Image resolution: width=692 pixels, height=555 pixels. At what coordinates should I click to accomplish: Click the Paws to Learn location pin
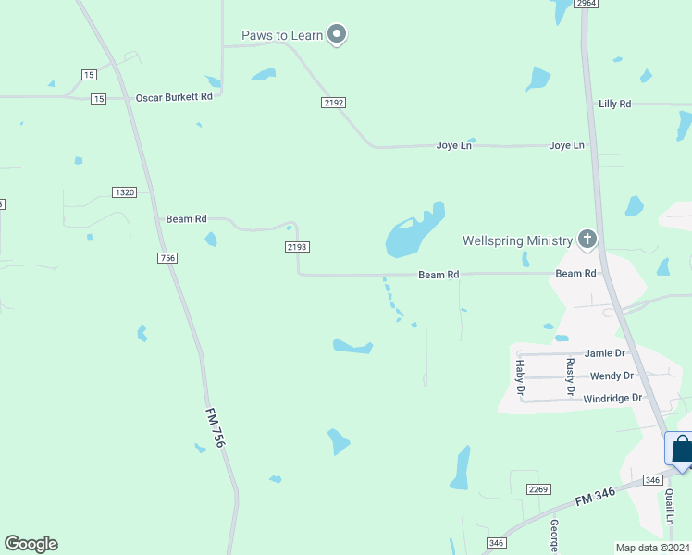pos(338,35)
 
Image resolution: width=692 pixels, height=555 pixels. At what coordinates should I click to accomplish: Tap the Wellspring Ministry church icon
pos(587,240)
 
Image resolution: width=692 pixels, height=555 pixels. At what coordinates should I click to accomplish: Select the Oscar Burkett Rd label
pos(174,97)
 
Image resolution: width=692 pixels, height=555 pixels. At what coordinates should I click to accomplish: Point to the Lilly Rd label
pos(614,105)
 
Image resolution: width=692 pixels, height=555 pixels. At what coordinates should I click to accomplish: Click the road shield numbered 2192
pos(334,103)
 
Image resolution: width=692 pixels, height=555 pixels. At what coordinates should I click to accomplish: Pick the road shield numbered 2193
pos(297,247)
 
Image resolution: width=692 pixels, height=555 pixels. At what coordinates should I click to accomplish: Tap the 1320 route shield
pos(124,192)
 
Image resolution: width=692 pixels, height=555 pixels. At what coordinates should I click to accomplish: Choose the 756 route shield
pos(167,258)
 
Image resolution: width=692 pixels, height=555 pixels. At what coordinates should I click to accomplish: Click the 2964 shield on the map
pos(585,4)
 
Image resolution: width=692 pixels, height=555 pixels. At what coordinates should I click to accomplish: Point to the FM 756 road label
pos(215,430)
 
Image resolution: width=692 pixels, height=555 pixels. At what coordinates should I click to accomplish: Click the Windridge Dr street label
pos(612,398)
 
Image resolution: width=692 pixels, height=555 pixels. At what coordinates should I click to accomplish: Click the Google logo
pos(31,544)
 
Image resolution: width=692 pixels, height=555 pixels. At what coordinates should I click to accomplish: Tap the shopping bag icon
pos(681,450)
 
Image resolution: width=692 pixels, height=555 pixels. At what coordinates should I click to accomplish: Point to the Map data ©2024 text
pos(653,548)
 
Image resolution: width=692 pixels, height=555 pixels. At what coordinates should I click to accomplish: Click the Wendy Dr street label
pos(612,376)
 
